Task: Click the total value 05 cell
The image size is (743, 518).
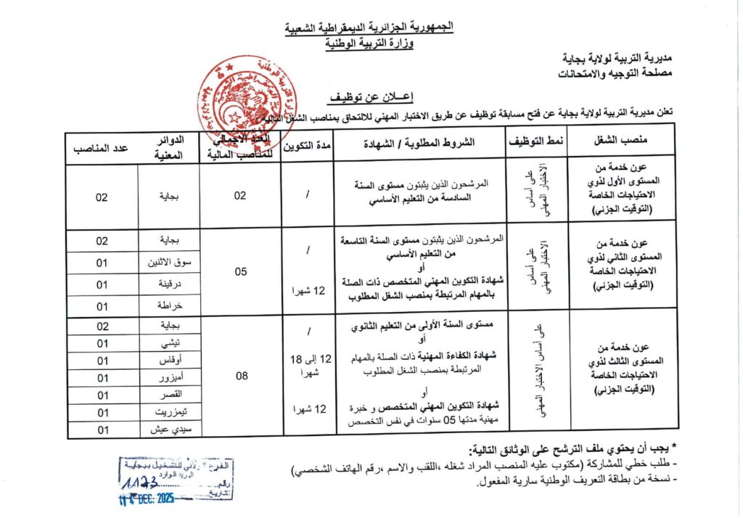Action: pos(241,271)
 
